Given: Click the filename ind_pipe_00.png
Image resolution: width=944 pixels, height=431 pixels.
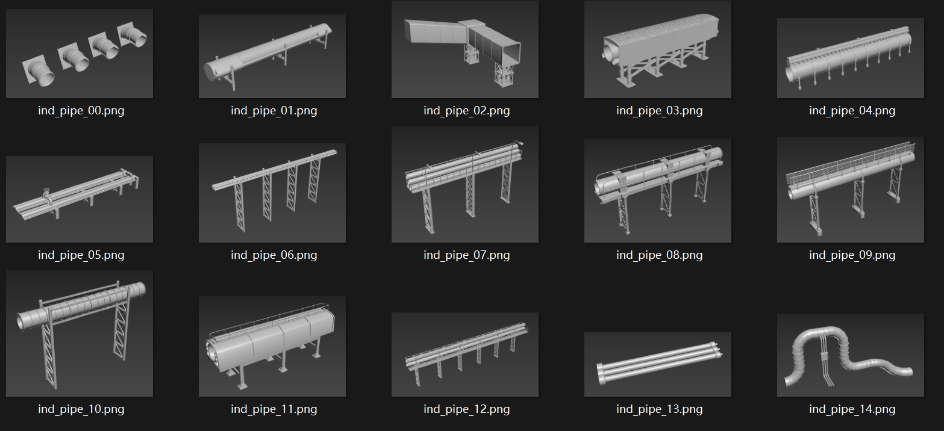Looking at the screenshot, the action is point(81,111).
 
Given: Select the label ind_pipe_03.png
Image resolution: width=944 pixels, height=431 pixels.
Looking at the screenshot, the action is point(660,111).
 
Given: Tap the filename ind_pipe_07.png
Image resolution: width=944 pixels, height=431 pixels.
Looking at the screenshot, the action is point(466,255).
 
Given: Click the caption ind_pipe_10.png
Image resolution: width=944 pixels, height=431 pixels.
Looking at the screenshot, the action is point(81,409).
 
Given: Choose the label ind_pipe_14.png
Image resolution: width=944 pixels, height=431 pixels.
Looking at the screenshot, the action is point(852,409).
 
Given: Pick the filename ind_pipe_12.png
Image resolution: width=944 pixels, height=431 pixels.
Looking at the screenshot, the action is point(466,409).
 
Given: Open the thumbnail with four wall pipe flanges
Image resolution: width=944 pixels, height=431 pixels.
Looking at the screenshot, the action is point(80,54).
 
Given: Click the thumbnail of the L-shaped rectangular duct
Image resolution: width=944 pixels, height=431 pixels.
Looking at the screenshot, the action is point(465,49).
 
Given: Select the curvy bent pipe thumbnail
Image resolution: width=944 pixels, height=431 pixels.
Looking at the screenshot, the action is point(851,355).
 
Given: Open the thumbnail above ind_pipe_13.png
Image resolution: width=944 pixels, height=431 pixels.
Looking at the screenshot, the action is point(657,365).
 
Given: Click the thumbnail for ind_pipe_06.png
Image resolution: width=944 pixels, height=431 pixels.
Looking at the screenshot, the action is point(272,193).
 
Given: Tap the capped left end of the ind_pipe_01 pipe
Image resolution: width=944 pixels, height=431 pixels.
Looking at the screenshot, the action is point(209,72).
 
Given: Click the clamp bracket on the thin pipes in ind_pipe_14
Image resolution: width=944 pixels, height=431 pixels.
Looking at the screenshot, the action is point(824,356).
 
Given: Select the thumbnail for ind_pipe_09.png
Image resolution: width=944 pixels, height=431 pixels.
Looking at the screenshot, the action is point(851,190).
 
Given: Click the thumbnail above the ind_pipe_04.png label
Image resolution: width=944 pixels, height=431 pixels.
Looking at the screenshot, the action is point(851,58).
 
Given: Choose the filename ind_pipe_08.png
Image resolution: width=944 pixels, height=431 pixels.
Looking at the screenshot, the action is point(660,255).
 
